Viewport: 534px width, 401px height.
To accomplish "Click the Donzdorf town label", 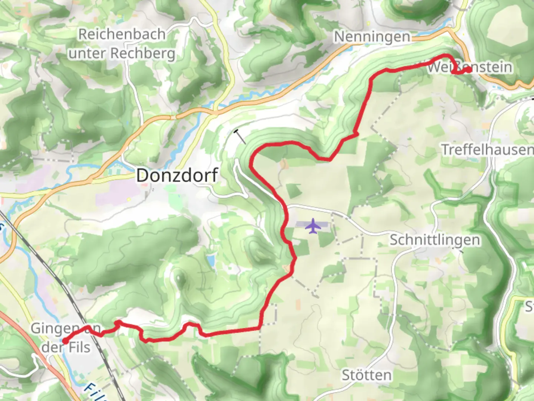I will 177,175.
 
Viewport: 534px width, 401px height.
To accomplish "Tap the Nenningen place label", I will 372,37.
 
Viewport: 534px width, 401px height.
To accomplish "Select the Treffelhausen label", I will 487,150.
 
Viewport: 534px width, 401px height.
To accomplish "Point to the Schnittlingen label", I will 435,240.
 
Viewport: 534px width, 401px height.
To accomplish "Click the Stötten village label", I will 366,375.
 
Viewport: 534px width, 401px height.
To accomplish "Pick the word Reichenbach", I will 122,34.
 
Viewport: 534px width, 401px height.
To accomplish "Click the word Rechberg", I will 143,53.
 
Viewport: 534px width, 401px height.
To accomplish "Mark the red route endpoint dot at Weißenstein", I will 468,69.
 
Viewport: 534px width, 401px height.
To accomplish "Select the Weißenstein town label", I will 470,67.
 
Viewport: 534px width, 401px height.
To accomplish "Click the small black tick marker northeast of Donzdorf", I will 240,136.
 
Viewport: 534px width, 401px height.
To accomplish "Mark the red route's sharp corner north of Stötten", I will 260,328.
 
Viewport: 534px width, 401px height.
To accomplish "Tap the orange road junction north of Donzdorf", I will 215,112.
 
